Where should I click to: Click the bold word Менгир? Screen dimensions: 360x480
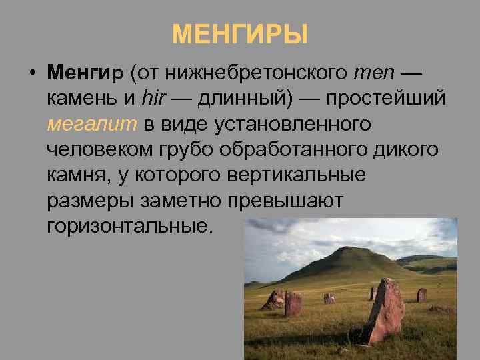coord(85,71)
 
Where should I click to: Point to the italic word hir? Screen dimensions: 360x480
coord(155,97)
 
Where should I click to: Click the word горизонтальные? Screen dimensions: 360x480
coord(127,227)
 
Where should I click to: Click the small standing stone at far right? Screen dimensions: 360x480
coord(421,295)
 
